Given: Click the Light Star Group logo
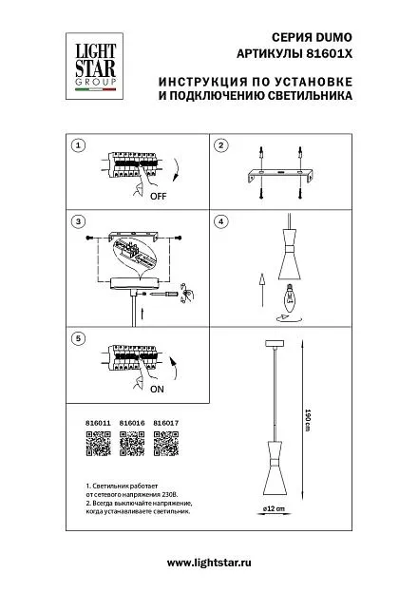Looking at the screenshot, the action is click(x=94, y=67).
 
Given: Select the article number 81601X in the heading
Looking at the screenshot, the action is click(x=329, y=54).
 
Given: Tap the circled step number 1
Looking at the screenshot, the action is click(x=78, y=145).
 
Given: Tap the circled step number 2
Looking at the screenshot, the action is click(x=221, y=145).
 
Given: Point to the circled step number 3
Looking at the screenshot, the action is click(x=78, y=221).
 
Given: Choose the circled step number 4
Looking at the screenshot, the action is click(x=221, y=221).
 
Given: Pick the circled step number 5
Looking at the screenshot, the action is click(x=78, y=338).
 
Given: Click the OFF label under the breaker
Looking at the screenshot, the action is click(x=159, y=197).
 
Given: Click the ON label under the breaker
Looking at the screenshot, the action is click(x=157, y=389).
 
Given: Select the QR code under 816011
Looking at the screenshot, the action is click(x=98, y=444).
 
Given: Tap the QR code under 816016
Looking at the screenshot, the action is click(x=132, y=444).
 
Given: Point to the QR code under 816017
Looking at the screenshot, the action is click(x=165, y=444).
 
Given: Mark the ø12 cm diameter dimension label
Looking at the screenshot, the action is click(x=275, y=508).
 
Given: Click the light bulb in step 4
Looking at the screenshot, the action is click(x=290, y=297).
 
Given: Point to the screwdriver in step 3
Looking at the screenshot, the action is click(x=164, y=294).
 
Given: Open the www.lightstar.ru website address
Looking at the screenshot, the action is click(x=209, y=563).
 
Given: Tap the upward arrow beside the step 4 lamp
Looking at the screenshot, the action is click(x=262, y=290).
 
